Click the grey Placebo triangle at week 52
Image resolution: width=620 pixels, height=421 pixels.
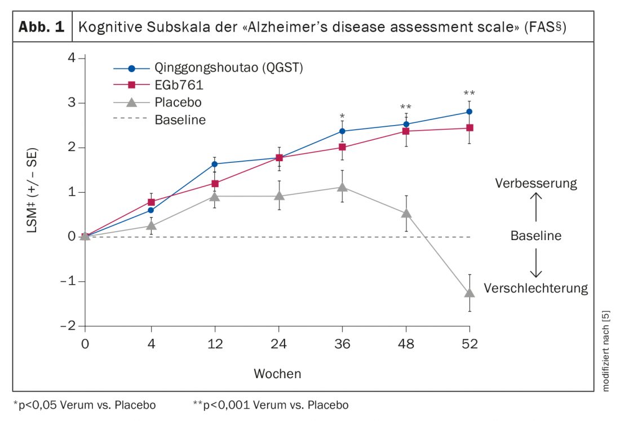470,293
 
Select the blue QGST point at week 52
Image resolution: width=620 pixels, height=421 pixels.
470,112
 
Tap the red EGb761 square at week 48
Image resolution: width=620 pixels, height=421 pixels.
406,131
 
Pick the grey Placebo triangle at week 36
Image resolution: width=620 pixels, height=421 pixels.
342,187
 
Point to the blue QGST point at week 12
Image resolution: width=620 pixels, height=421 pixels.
215,164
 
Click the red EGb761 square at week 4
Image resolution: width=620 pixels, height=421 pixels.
151,202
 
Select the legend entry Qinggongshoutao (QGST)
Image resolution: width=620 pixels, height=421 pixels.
229,69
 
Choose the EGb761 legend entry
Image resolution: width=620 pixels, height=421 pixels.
179,85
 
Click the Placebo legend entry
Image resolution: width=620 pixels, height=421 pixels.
178,103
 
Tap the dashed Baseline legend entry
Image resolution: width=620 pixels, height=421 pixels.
180,120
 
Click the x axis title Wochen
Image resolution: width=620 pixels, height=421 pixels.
277,374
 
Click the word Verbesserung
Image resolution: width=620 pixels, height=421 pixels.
536,183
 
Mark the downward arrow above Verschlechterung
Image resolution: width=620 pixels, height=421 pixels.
536,264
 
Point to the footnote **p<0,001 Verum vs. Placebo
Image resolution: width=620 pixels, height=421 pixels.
271,405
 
